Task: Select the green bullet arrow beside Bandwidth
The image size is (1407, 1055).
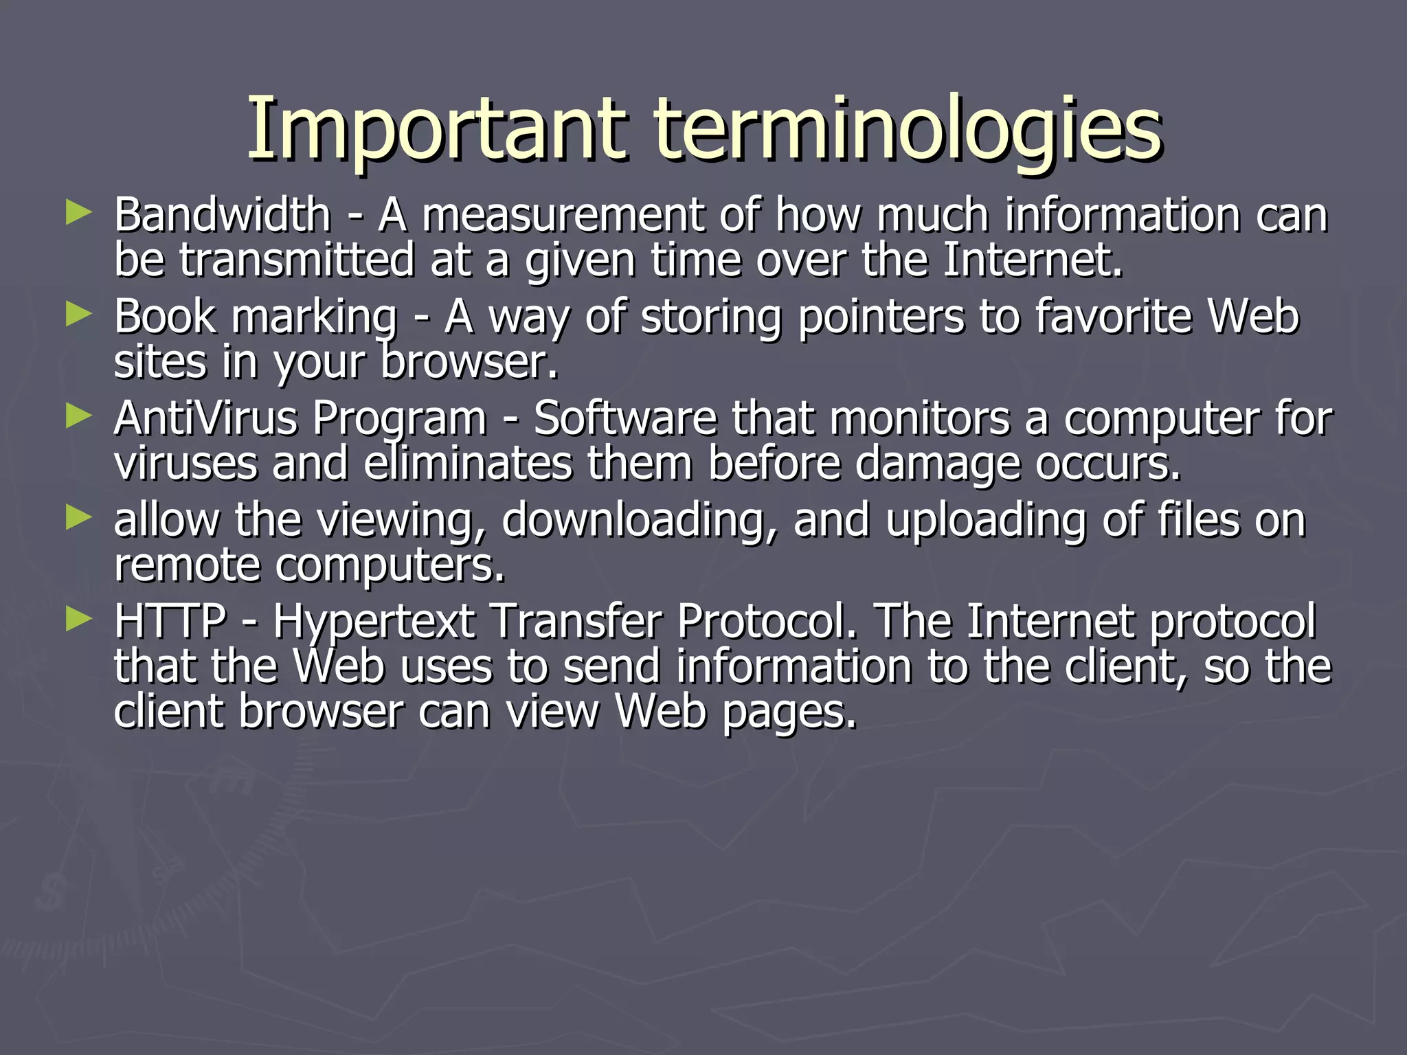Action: pos(79,213)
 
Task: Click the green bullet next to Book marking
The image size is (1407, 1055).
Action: pos(79,315)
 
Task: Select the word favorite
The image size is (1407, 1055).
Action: pos(1112,317)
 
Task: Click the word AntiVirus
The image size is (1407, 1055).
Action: pos(205,418)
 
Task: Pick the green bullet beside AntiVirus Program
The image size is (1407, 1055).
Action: pos(79,416)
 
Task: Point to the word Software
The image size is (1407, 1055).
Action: pos(625,418)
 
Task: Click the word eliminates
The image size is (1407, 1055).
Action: pos(467,464)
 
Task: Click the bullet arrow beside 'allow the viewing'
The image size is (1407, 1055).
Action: pos(79,518)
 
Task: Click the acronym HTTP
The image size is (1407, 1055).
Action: pos(170,622)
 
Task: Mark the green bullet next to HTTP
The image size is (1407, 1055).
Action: pos(79,620)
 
